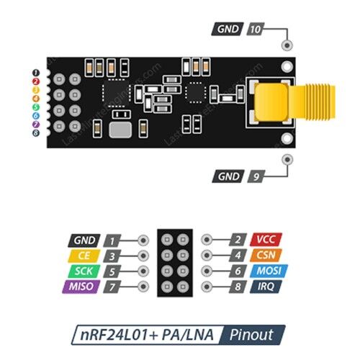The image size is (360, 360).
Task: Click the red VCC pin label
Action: click(266, 240)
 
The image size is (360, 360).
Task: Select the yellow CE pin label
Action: click(84, 256)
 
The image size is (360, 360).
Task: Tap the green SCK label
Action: click(84, 271)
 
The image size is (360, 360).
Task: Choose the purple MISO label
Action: click(81, 287)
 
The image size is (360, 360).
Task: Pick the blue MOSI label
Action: click(269, 271)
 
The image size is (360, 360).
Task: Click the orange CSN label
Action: click(266, 255)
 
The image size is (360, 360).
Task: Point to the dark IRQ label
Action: click(266, 287)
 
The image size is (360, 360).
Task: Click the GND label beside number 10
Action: click(228, 29)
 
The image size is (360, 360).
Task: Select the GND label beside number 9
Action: click(228, 176)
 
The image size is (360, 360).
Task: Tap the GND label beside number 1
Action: click(84, 240)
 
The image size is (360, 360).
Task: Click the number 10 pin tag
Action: click(256, 30)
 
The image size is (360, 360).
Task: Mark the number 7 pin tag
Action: click(112, 287)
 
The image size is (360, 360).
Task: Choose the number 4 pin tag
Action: click(238, 255)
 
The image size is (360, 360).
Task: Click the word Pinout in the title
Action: click(251, 335)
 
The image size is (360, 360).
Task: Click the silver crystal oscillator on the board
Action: click(120, 130)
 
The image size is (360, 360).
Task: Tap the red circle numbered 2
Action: click(36, 81)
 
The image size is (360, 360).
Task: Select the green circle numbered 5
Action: click(36, 107)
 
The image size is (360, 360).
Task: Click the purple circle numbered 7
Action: click(36, 125)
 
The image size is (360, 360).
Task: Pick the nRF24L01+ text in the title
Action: click(120, 335)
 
